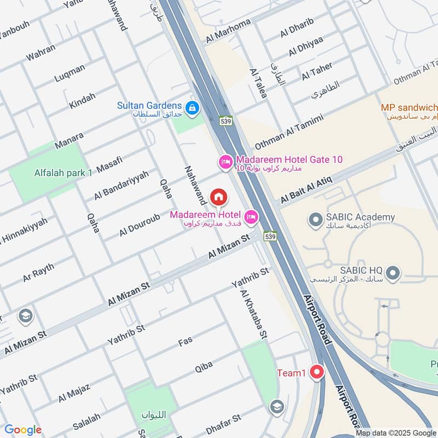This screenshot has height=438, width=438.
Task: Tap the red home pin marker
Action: coord(218,196)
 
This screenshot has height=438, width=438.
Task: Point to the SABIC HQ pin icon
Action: coord(392,272)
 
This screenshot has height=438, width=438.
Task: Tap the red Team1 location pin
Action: coord(316,373)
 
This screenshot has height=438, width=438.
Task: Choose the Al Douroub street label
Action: coord(140,225)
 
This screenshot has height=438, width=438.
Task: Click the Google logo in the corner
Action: coord(22,430)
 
